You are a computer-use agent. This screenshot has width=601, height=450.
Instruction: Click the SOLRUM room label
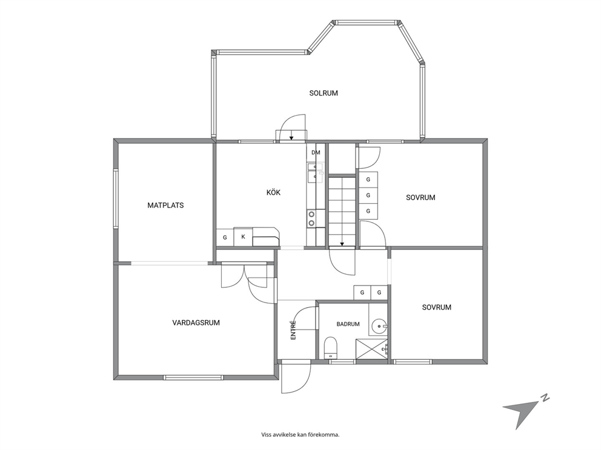tap(324, 93)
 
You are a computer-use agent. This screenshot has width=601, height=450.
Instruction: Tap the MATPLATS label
tap(165, 206)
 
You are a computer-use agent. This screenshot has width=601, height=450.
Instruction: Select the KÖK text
tap(273, 192)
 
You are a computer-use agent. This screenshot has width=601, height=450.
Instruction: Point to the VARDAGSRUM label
tap(196, 322)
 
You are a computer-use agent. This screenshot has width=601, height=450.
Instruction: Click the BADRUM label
tap(348, 324)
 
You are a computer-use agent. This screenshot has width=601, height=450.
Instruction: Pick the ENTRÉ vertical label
tap(293, 330)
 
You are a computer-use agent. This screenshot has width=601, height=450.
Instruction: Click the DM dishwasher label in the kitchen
tap(316, 152)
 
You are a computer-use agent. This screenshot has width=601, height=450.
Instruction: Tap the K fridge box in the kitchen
tap(243, 237)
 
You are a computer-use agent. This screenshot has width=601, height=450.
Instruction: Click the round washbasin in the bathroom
tap(379, 327)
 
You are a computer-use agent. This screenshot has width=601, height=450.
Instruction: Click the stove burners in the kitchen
tap(311, 218)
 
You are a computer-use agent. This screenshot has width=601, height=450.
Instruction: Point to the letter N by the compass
tap(545, 398)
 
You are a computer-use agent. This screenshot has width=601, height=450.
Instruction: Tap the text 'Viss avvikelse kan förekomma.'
tap(300, 435)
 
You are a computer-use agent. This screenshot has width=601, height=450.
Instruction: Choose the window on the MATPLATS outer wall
tap(115, 198)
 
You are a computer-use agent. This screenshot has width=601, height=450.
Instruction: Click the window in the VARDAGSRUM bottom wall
tap(193, 377)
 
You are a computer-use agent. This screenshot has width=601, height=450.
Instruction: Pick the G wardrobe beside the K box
tap(225, 237)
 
